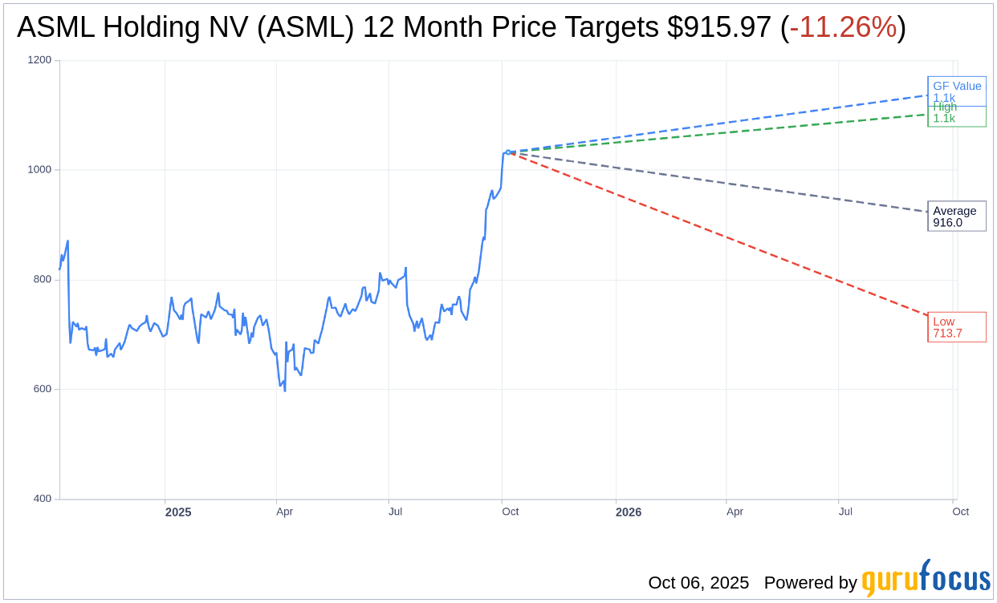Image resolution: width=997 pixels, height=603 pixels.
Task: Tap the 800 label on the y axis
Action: (41, 280)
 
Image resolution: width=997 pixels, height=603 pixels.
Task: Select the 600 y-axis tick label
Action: (41, 390)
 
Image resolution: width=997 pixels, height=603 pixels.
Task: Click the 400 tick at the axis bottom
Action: (41, 499)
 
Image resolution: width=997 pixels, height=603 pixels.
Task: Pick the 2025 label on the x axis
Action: (178, 512)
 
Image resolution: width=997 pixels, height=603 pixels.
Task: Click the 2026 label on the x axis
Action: (629, 512)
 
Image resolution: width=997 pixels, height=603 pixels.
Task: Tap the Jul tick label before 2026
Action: (396, 512)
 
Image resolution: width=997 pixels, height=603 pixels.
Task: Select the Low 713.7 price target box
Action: (956, 327)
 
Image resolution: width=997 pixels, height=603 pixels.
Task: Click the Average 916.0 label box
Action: (956, 217)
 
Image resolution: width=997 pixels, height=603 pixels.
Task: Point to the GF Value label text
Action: (957, 86)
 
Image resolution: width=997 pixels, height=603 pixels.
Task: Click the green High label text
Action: (945, 107)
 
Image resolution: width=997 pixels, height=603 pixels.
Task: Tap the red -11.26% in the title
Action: (843, 27)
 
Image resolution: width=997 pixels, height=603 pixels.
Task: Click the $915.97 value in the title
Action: (719, 27)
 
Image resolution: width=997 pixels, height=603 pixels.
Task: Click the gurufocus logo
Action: (926, 579)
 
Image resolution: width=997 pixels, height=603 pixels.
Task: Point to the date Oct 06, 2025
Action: (698, 583)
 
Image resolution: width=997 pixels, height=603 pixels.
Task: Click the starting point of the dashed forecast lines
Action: (508, 152)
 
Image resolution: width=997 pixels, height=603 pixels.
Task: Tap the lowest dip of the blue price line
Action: (285, 391)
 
